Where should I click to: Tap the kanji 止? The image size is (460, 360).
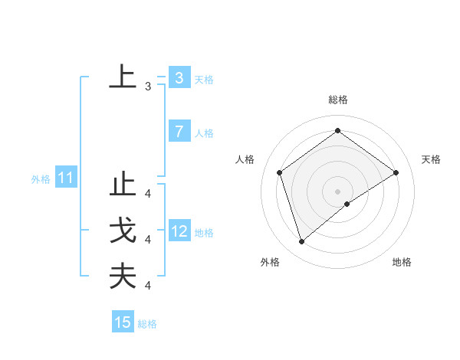coord(123,188)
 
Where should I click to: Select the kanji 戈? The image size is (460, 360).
coord(123,232)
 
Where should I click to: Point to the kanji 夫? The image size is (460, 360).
coord(123,276)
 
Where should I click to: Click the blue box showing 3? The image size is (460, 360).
coord(179,78)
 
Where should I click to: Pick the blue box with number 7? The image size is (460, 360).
coord(179,132)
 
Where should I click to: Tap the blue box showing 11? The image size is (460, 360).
coord(66,179)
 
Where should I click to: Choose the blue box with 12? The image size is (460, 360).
coord(179,231)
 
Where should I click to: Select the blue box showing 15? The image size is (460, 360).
coord(123,322)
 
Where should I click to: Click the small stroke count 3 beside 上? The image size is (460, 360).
coord(147,87)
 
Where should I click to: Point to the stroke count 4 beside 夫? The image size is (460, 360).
coord(147,285)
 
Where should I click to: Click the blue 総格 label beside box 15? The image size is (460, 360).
coord(147,324)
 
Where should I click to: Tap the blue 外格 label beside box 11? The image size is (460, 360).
coord(41,180)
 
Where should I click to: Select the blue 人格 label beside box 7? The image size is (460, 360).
coord(204,133)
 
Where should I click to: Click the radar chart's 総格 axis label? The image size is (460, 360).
coord(337,100)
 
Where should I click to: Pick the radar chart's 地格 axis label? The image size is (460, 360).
coord(402,262)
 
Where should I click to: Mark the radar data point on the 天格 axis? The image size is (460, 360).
coord(396,172)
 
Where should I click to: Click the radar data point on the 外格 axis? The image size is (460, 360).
coord(301,242)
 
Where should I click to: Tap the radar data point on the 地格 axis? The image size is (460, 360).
coord(347,204)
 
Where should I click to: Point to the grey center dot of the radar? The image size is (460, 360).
coord(337,191)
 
